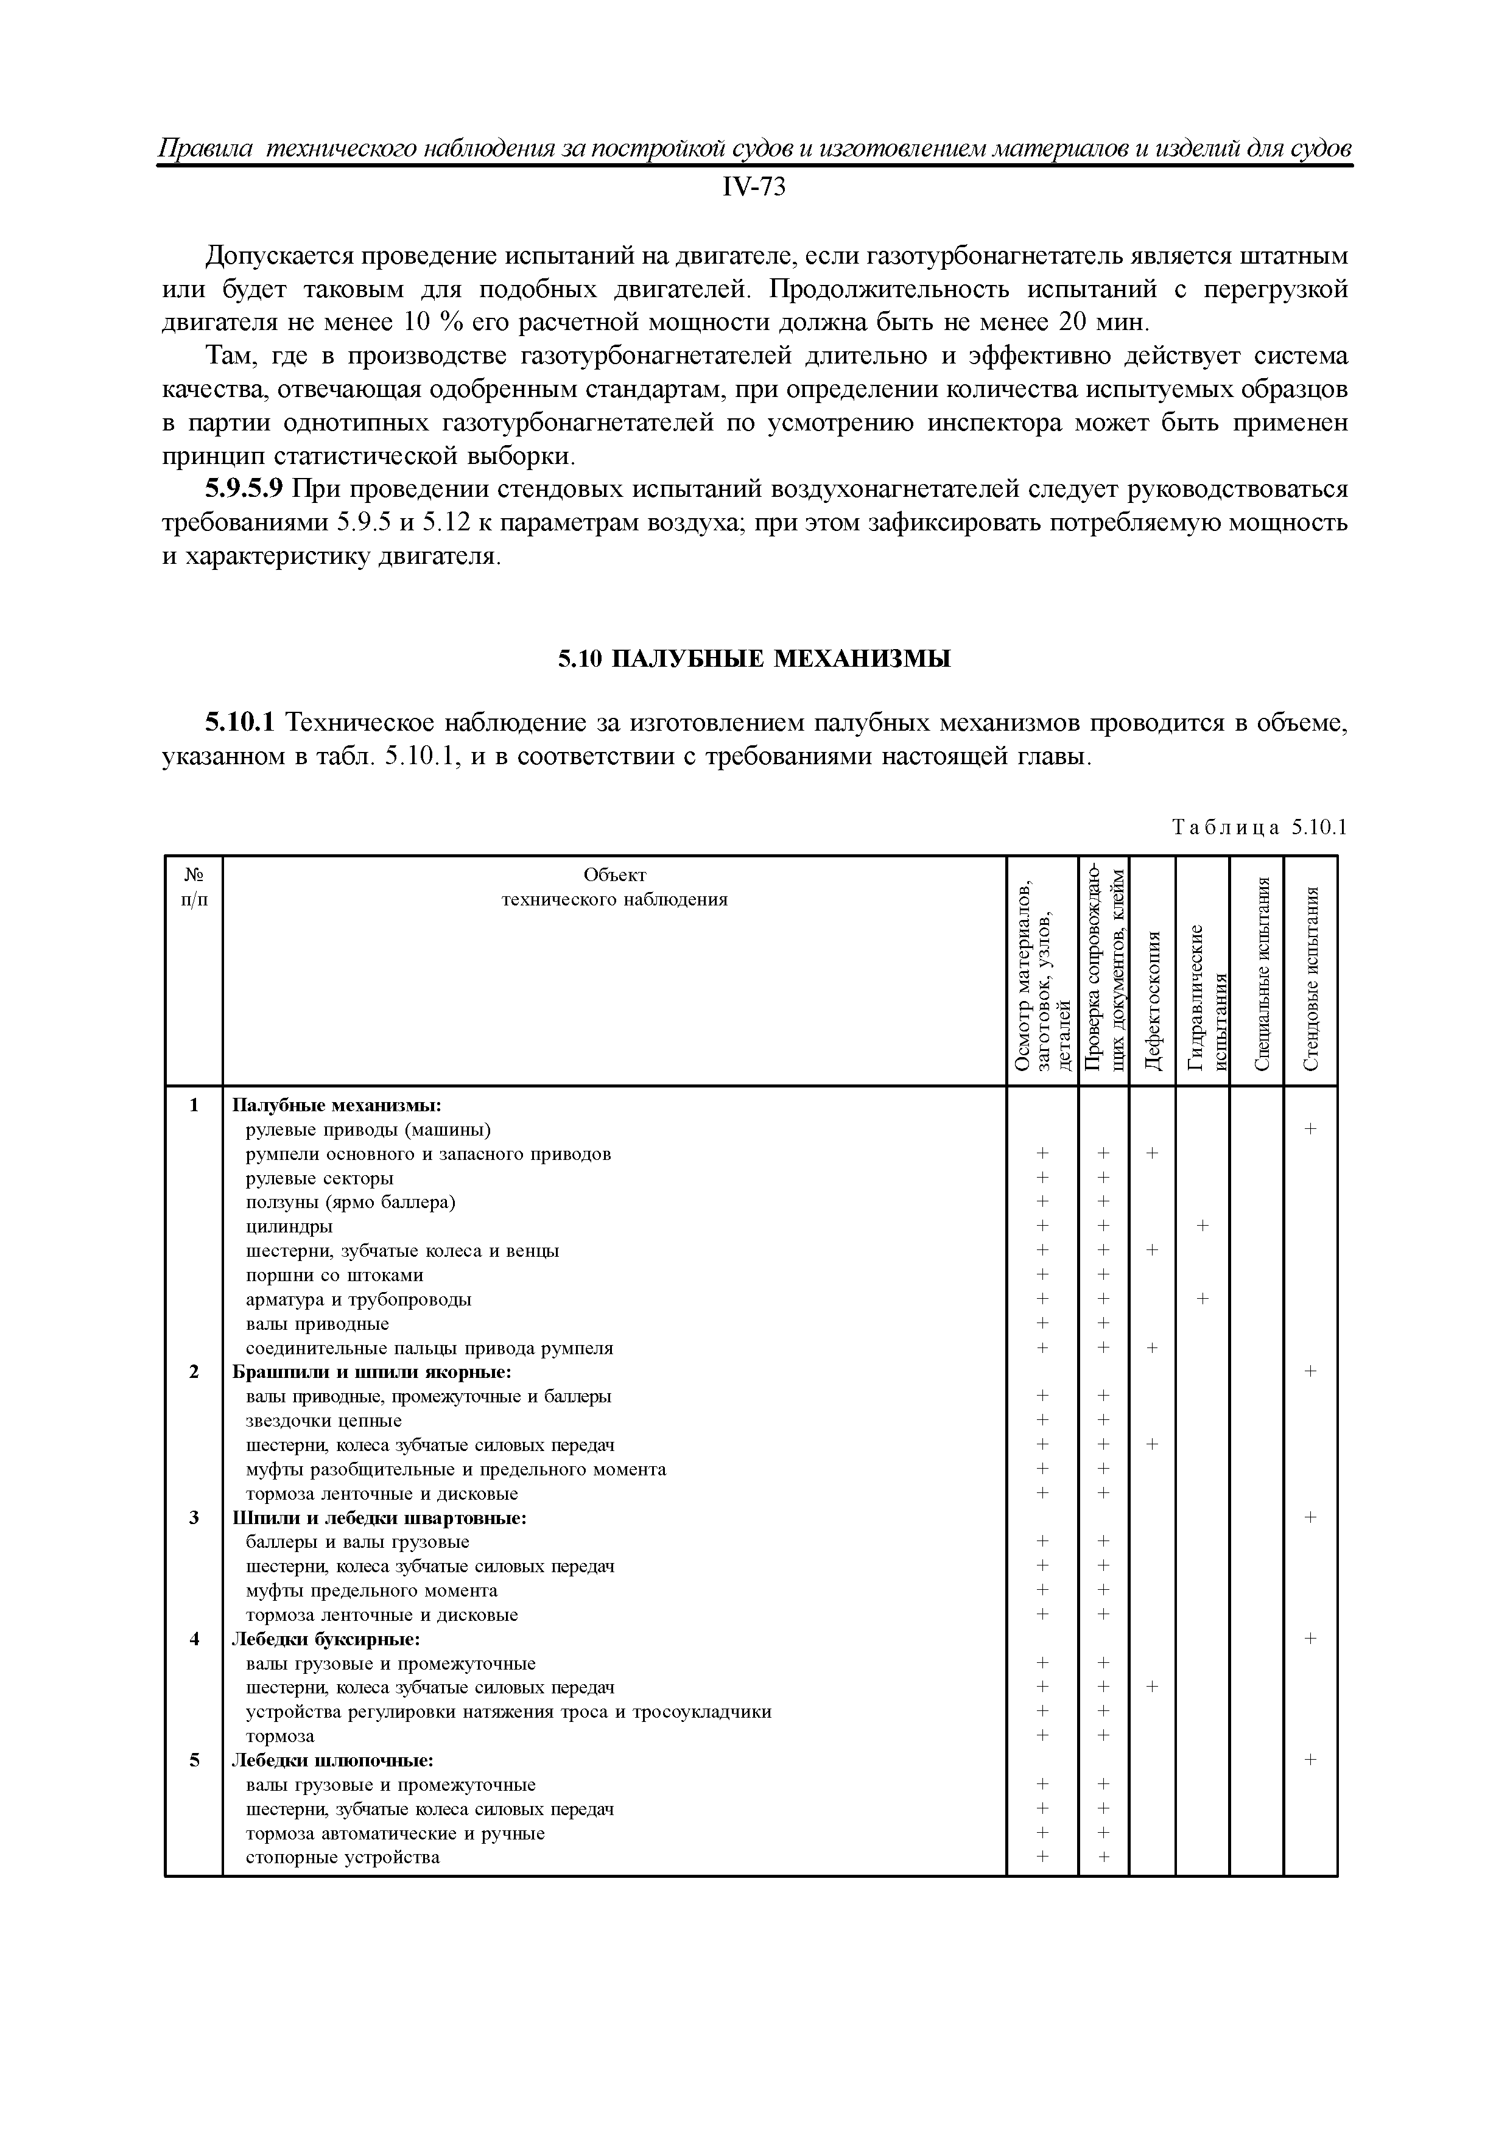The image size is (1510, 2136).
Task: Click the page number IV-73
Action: tap(754, 188)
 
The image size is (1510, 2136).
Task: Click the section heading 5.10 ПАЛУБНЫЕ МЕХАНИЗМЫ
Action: tap(754, 659)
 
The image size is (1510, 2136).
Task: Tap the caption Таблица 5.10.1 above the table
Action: tap(1260, 827)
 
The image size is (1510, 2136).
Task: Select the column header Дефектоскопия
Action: tap(1153, 1000)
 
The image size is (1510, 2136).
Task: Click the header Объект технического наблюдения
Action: tap(614, 887)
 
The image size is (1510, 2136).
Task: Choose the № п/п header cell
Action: tap(194, 887)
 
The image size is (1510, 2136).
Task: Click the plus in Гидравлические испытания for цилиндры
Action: tap(1202, 1226)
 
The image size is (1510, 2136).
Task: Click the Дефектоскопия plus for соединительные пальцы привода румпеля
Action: tap(1152, 1347)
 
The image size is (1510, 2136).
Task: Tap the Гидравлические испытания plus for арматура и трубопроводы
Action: tap(1202, 1299)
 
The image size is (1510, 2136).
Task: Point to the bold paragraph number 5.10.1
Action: tap(240, 723)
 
